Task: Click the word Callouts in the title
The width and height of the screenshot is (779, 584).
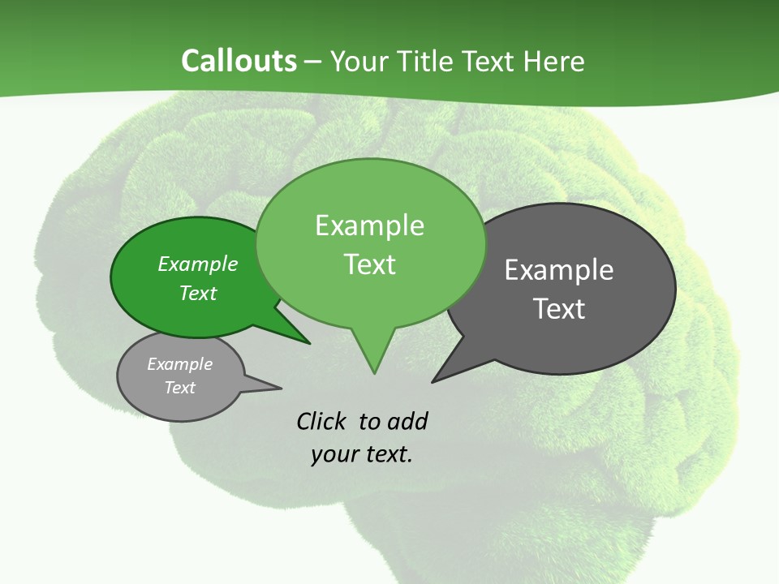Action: (x=239, y=61)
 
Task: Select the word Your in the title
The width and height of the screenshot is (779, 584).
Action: (x=360, y=61)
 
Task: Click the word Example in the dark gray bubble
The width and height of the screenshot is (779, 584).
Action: (x=559, y=270)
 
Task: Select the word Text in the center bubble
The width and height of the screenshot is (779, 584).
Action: (x=370, y=264)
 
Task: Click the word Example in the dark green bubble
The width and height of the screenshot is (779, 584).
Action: (x=197, y=264)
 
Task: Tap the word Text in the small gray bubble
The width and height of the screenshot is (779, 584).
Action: (x=179, y=388)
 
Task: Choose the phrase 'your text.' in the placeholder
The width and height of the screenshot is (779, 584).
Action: (x=362, y=454)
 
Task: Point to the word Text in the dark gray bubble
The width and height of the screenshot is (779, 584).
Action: (x=559, y=309)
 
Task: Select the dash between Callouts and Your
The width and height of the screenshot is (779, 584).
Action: (x=314, y=62)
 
